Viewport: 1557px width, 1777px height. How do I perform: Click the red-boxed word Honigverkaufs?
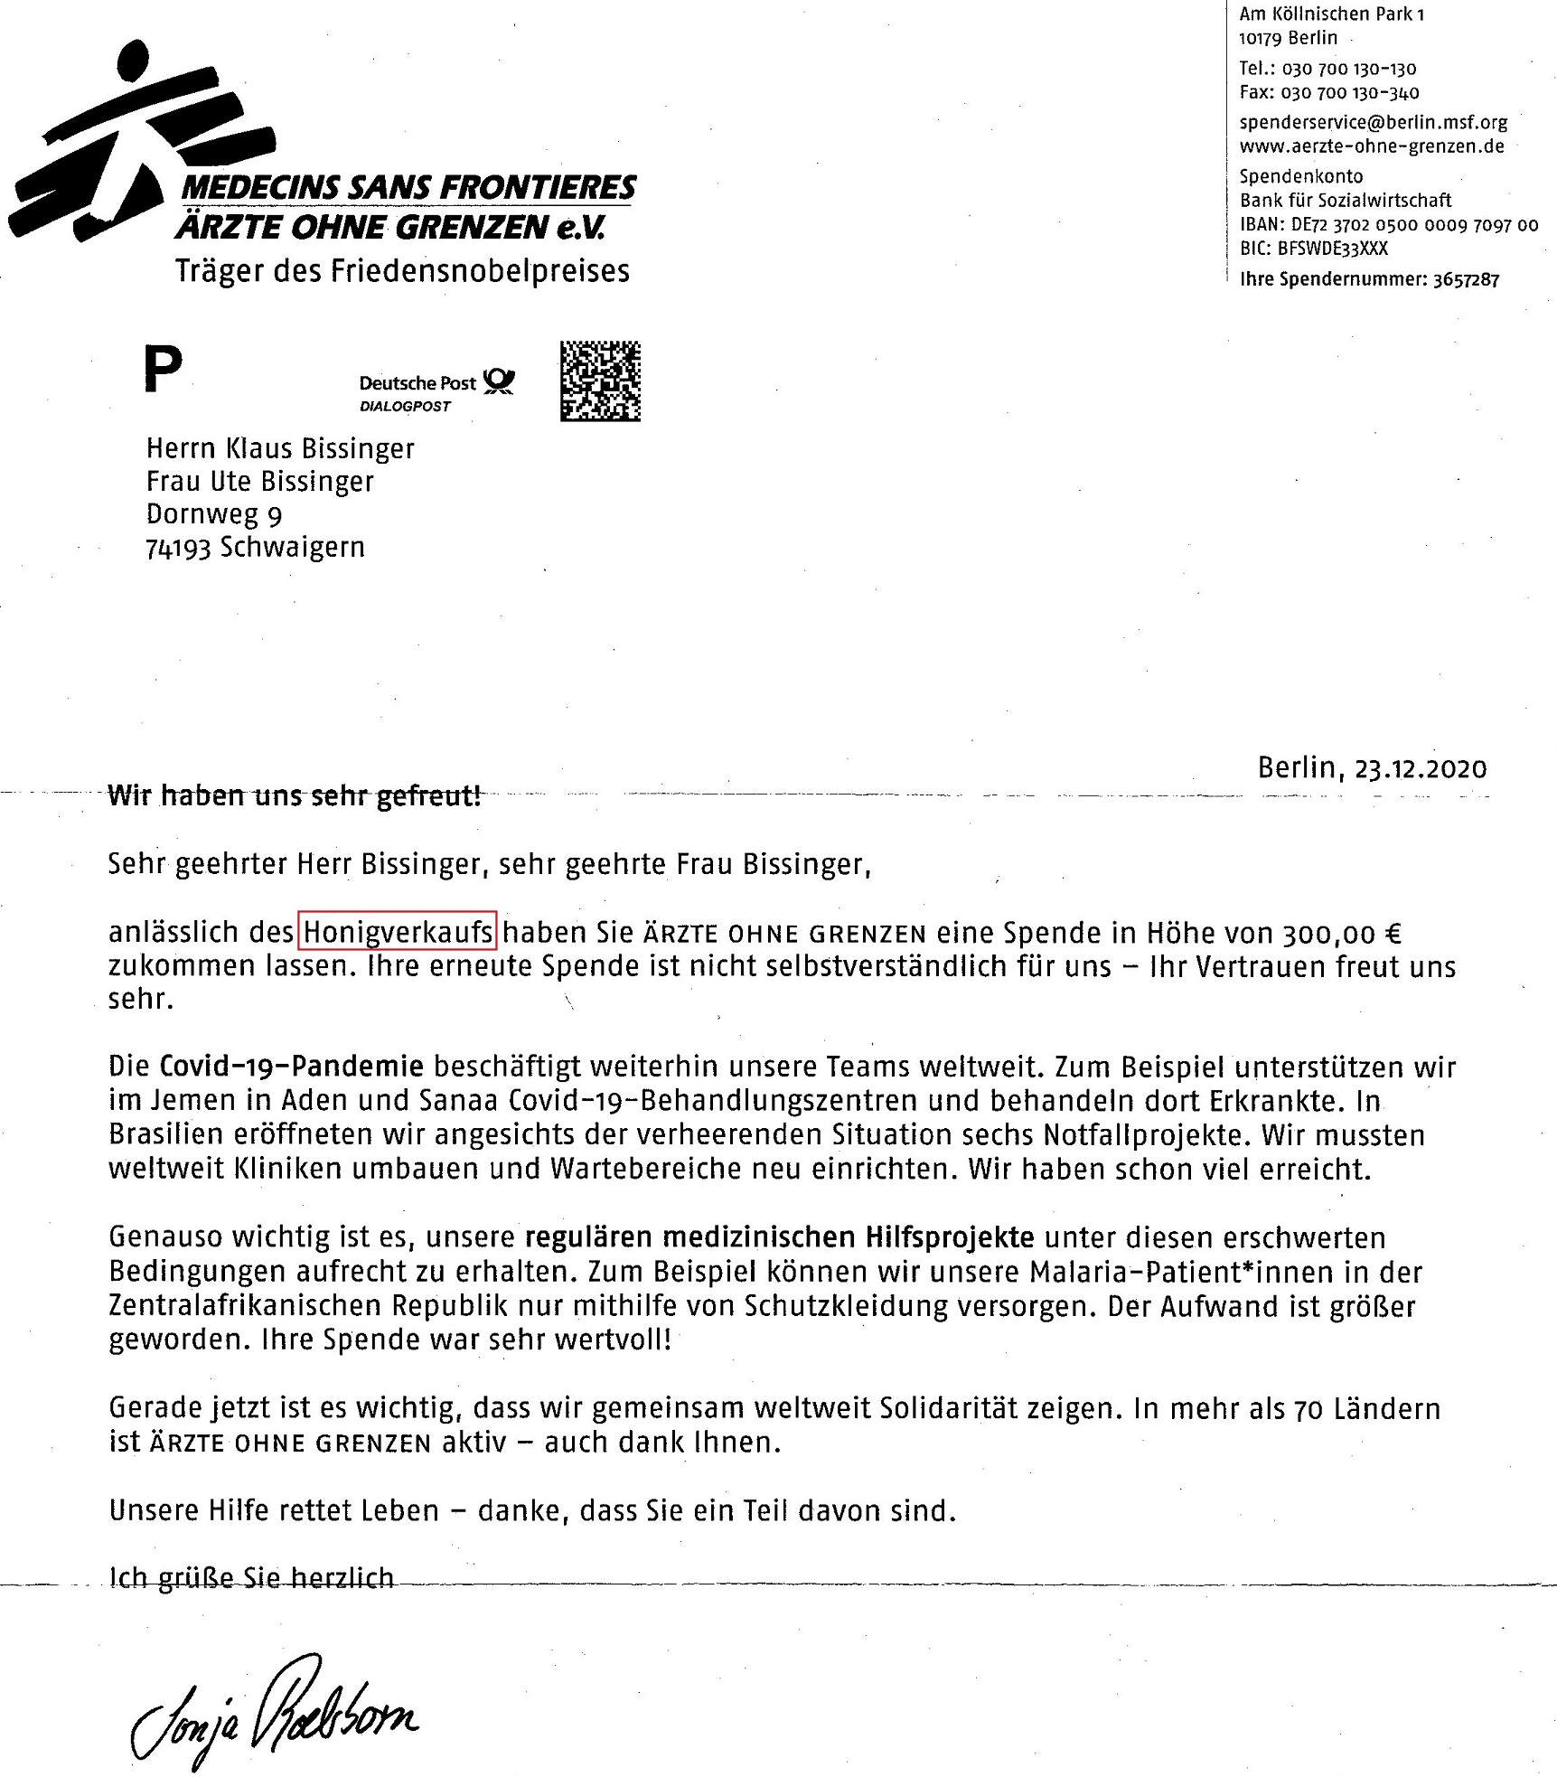point(398,932)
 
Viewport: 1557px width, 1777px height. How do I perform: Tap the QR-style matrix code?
point(600,381)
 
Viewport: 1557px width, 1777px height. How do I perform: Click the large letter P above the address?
point(164,369)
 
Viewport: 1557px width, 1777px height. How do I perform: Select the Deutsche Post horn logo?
point(499,381)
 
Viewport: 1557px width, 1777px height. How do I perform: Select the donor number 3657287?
point(1466,279)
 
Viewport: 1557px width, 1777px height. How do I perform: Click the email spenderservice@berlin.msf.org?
point(1373,122)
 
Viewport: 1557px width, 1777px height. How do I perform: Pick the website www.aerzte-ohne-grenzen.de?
point(1371,146)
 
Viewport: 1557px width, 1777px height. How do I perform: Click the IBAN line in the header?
point(1388,225)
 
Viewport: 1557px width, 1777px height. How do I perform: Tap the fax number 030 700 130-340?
point(1350,92)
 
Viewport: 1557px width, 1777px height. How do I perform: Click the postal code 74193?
point(178,548)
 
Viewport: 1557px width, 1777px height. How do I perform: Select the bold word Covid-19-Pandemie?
point(291,1067)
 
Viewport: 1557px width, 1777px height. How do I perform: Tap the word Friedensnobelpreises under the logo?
point(479,270)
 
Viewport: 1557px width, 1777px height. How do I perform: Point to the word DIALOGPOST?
point(405,407)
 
